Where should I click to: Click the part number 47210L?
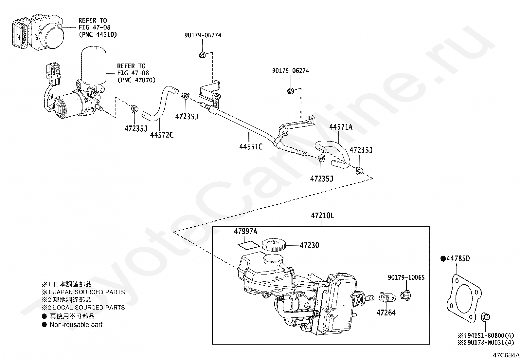(322, 216)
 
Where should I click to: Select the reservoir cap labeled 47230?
(273, 244)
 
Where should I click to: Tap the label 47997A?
(245, 231)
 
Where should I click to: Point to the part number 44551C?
(251, 146)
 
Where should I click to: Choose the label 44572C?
(162, 135)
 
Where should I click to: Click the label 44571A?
(341, 127)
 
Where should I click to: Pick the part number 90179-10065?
(406, 277)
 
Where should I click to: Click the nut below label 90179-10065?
(405, 294)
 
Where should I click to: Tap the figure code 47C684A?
(507, 355)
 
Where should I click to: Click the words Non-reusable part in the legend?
(76, 325)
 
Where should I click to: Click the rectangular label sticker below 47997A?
(249, 244)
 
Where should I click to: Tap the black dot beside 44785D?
(443, 259)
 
